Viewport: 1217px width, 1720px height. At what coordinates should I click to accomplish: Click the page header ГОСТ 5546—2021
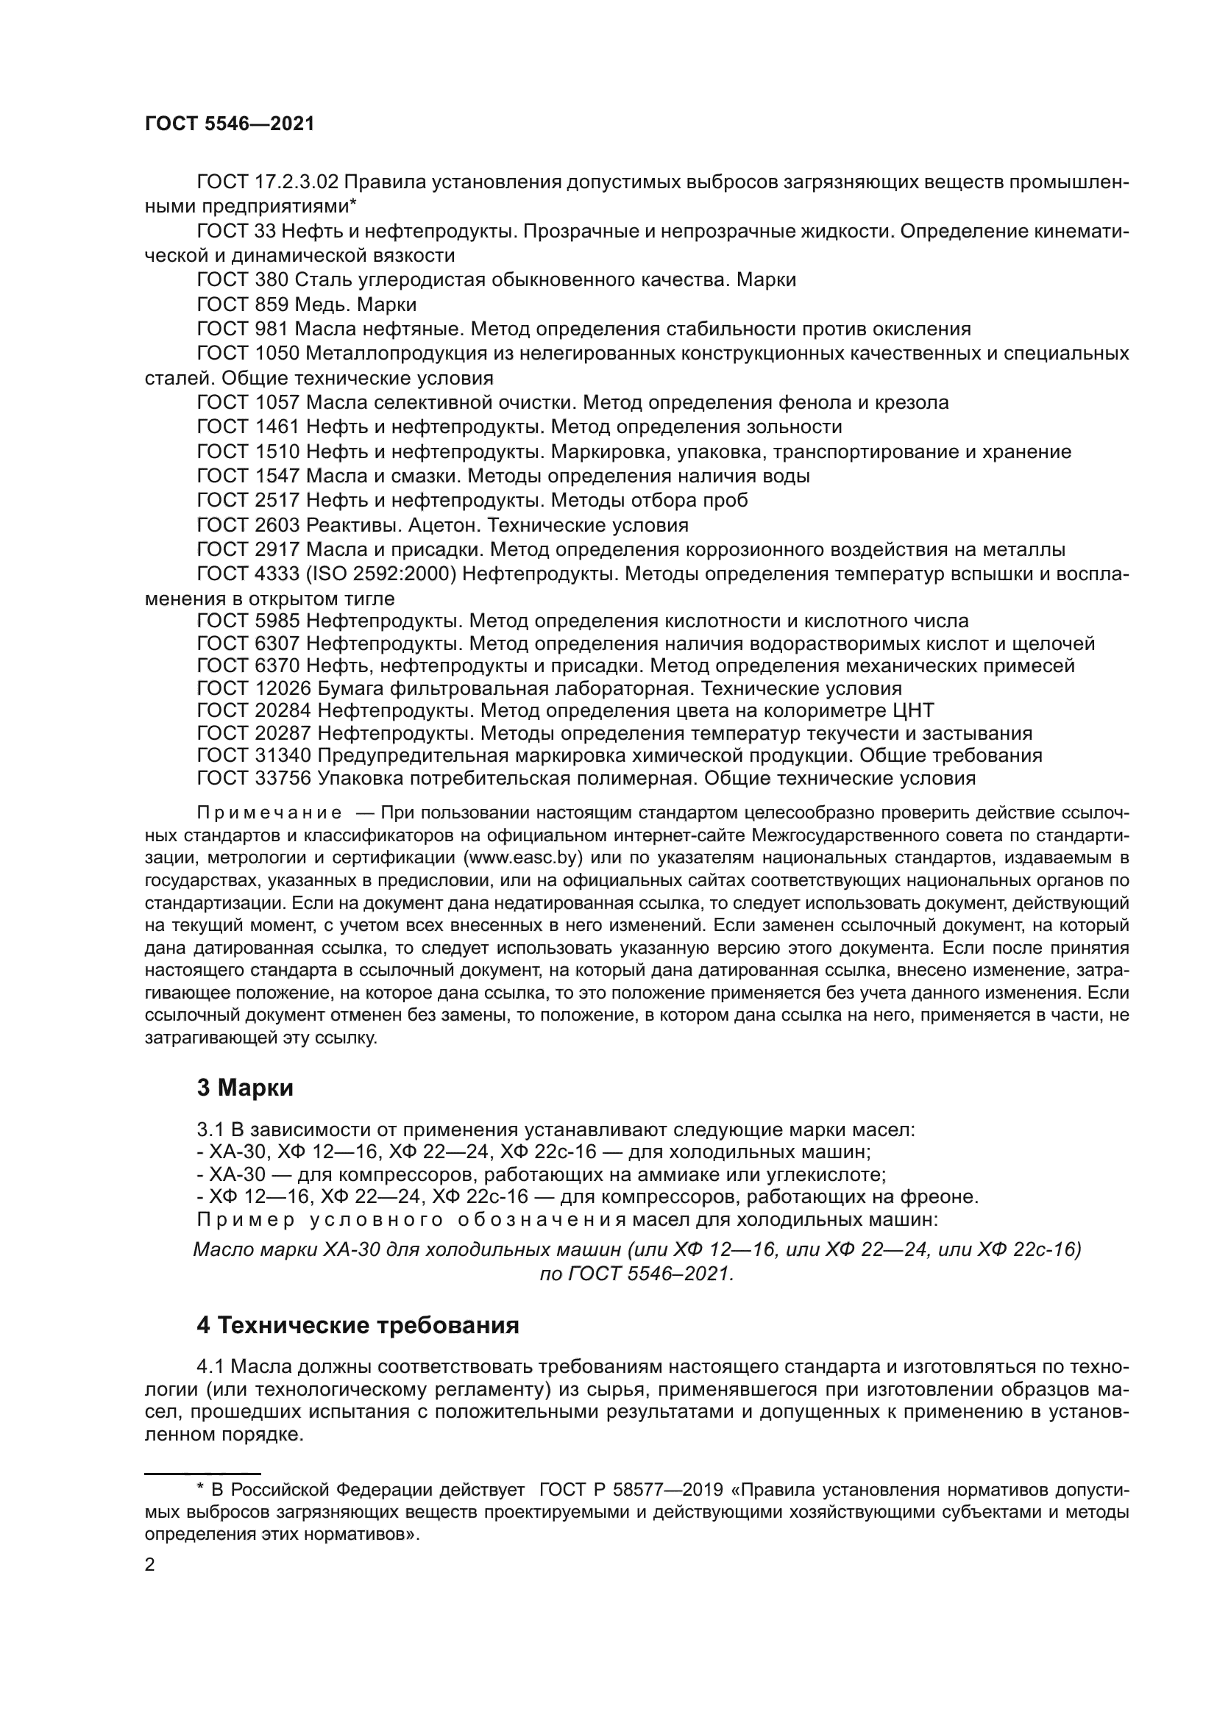tap(230, 124)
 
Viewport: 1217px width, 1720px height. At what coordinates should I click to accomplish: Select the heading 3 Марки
tap(245, 1088)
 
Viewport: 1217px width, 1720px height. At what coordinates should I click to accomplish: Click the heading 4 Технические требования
tap(358, 1325)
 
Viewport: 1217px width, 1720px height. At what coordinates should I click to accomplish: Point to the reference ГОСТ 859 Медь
tap(307, 305)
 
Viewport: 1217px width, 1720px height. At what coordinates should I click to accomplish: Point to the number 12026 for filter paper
tap(283, 688)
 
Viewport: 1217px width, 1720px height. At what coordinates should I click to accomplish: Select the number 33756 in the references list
tap(283, 778)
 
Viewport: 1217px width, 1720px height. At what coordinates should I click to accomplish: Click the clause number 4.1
tap(212, 1367)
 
